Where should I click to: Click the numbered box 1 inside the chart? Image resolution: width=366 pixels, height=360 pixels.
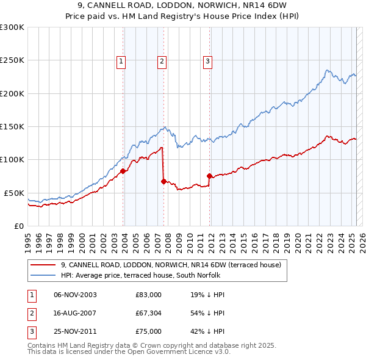[121, 60]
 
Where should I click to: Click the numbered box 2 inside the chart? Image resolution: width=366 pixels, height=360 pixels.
[162, 60]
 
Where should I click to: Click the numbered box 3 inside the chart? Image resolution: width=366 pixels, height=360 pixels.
[207, 60]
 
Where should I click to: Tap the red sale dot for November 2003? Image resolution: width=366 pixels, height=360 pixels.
[123, 171]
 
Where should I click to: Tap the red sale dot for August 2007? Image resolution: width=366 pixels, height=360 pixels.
[164, 181]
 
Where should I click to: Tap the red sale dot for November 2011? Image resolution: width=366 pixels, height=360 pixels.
[210, 176]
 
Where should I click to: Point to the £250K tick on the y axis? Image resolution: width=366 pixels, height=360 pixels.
[12, 60]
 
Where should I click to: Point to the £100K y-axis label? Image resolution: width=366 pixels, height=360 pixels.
[12, 159]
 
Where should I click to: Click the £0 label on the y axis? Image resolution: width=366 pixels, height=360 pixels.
[18, 226]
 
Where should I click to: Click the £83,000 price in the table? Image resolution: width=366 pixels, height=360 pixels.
[148, 295]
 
